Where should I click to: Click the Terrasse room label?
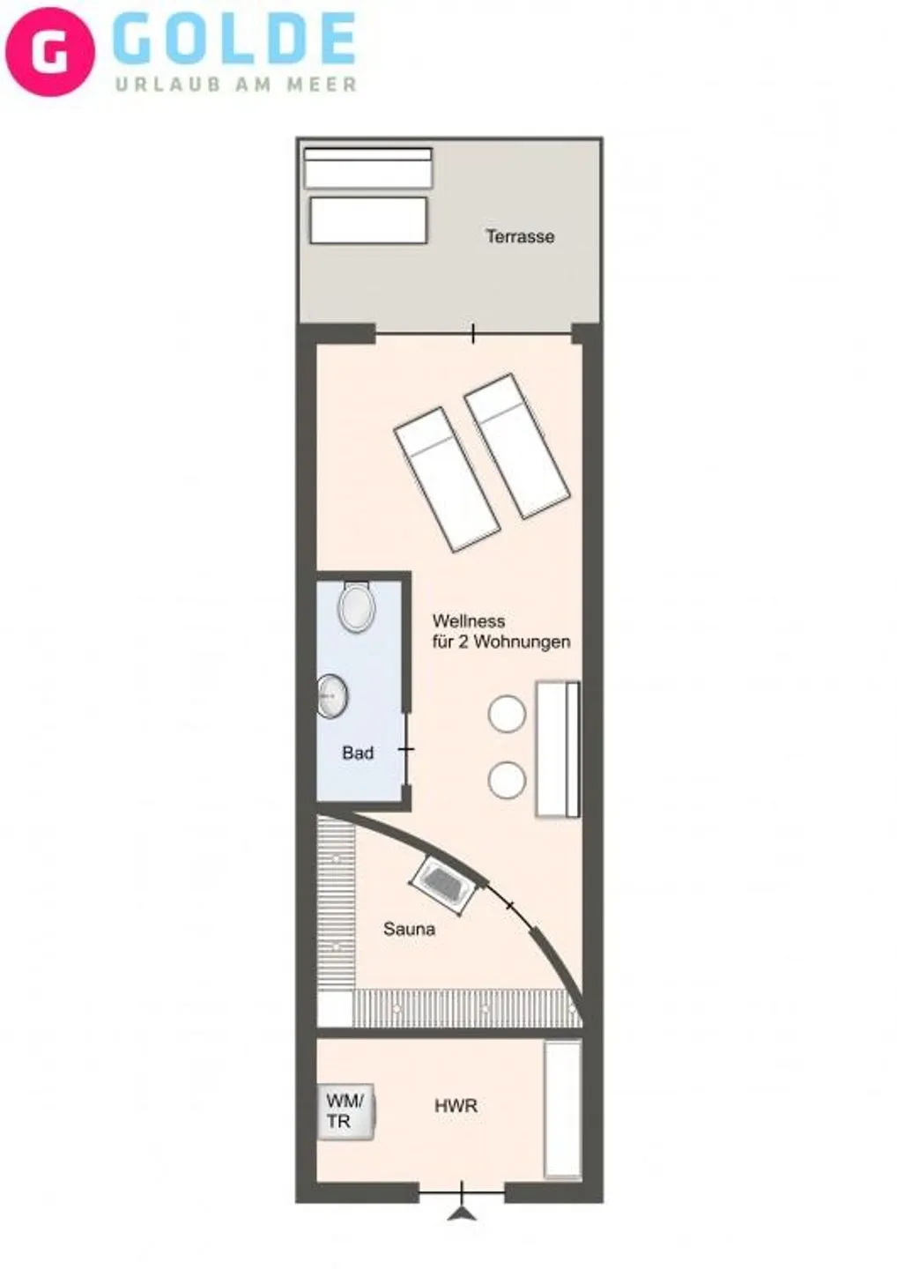tap(520, 236)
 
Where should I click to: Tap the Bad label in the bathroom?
tap(358, 753)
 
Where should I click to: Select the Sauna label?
tap(409, 928)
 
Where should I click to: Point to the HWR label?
tap(456, 1105)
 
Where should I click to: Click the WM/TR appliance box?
tap(345, 1112)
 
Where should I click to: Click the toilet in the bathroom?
tap(357, 607)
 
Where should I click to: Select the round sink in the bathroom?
tap(332, 696)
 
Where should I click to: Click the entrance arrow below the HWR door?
tap(462, 1213)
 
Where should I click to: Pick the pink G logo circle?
tap(50, 51)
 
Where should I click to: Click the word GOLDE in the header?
tap(234, 40)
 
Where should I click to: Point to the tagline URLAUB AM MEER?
tap(236, 85)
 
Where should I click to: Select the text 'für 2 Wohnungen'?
tap(500, 642)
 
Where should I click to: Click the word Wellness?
tap(468, 620)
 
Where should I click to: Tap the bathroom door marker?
tap(406, 749)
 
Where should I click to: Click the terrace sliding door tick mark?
tap(473, 333)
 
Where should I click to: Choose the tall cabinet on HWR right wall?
tap(562, 1109)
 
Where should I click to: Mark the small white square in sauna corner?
tap(334, 1008)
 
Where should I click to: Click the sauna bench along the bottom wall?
tap(467, 1007)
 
